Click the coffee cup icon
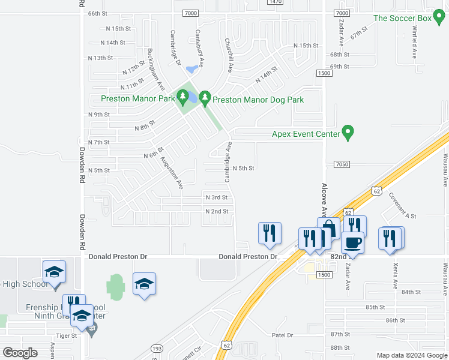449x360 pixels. click(352, 243)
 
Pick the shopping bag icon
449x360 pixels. click(328, 229)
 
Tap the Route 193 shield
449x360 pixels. click(157, 347)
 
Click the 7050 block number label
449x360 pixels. click(342, 164)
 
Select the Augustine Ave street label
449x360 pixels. click(172, 173)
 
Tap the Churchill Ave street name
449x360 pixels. click(228, 55)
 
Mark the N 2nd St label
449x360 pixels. click(217, 211)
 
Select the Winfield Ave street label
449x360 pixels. click(414, 41)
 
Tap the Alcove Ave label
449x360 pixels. click(324, 199)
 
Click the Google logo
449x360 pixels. click(20, 353)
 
